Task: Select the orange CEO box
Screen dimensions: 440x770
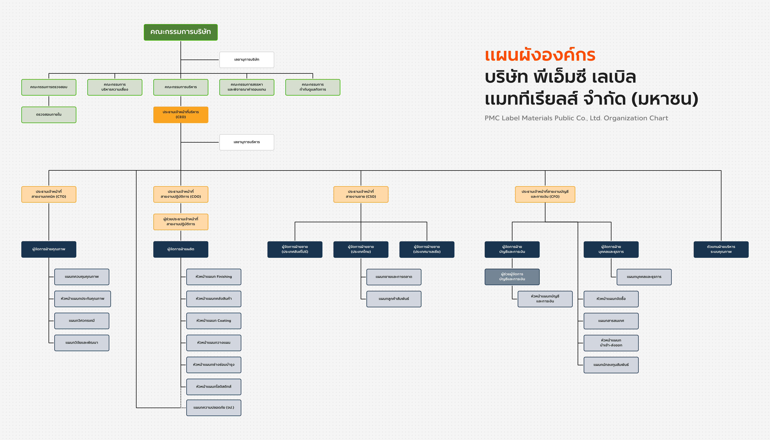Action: click(x=181, y=115)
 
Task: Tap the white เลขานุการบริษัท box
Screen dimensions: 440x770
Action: click(x=247, y=60)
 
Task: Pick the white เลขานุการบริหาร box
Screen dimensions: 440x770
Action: click(x=247, y=142)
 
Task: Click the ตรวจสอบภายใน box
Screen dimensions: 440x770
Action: click(x=49, y=115)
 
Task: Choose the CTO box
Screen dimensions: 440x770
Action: click(x=49, y=194)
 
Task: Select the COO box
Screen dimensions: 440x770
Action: click(x=181, y=194)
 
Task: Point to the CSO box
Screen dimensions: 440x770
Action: click(x=361, y=194)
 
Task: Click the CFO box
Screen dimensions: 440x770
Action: click(x=545, y=194)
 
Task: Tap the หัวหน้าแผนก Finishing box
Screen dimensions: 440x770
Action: click(x=214, y=277)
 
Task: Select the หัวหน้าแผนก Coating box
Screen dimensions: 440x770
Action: click(x=214, y=321)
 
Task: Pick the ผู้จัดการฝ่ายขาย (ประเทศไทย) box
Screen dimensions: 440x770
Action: click(x=361, y=249)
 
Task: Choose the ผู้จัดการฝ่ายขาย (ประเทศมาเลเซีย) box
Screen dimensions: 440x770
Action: click(x=427, y=249)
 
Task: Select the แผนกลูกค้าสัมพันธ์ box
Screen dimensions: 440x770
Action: click(x=394, y=299)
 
